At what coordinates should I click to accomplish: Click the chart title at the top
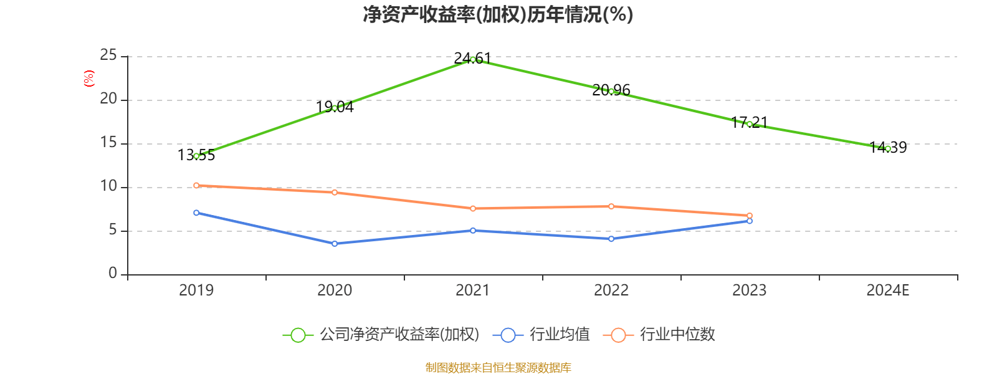(x=498, y=14)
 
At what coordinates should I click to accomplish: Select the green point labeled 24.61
(x=473, y=60)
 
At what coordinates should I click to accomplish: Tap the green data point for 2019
(x=196, y=156)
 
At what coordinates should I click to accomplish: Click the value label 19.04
(x=335, y=107)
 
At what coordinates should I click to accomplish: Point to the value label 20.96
(x=611, y=90)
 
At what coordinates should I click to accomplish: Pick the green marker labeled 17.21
(x=750, y=125)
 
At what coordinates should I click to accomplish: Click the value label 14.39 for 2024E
(x=888, y=148)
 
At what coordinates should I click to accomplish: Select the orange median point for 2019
(x=196, y=185)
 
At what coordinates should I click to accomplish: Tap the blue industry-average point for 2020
(x=335, y=244)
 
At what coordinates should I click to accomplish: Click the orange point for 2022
(x=611, y=206)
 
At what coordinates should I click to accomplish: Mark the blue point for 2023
(x=750, y=221)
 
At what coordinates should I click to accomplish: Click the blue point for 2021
(x=473, y=231)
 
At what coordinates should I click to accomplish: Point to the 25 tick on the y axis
(x=108, y=56)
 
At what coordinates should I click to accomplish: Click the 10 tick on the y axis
(x=108, y=186)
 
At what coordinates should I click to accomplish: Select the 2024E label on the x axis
(x=888, y=290)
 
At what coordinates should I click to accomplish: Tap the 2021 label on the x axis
(x=473, y=290)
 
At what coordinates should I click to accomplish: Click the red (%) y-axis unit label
(x=88, y=79)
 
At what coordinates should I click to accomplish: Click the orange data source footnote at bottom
(x=498, y=368)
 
